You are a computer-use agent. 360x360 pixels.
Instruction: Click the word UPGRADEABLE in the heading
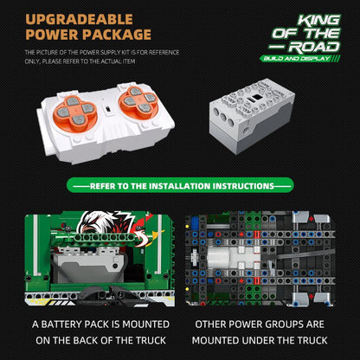(80, 20)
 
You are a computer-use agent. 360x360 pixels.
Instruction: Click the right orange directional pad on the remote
(138, 101)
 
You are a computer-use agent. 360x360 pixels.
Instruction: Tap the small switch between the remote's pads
(108, 109)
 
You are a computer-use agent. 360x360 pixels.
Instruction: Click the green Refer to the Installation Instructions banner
(180, 185)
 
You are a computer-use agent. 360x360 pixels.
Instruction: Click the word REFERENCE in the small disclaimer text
(164, 53)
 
